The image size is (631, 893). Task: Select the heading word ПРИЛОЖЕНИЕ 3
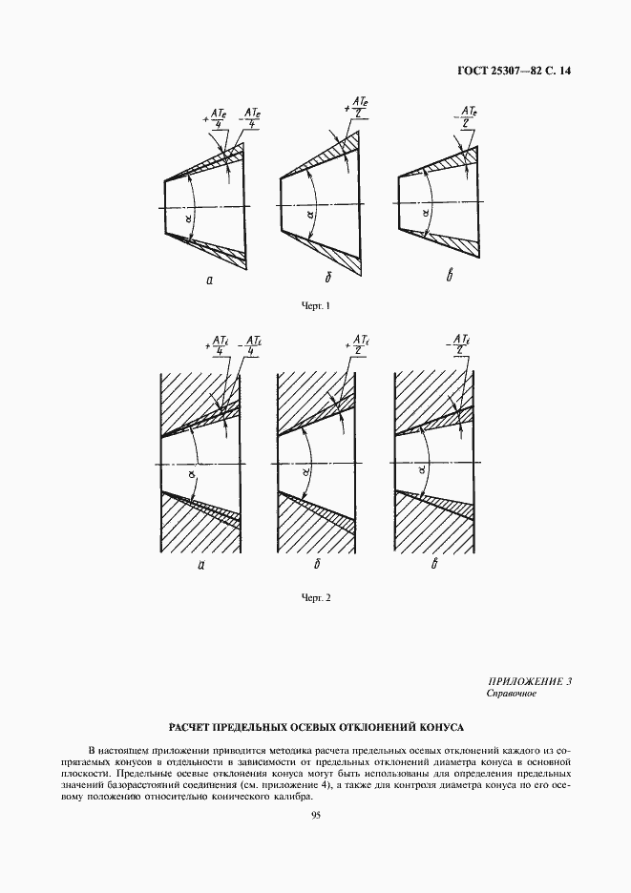(x=529, y=681)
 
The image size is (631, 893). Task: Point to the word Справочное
(x=512, y=694)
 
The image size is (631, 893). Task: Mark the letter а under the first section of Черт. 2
(x=201, y=565)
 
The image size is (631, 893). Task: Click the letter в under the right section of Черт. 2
(x=434, y=565)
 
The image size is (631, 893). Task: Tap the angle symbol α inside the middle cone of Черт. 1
(x=310, y=215)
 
